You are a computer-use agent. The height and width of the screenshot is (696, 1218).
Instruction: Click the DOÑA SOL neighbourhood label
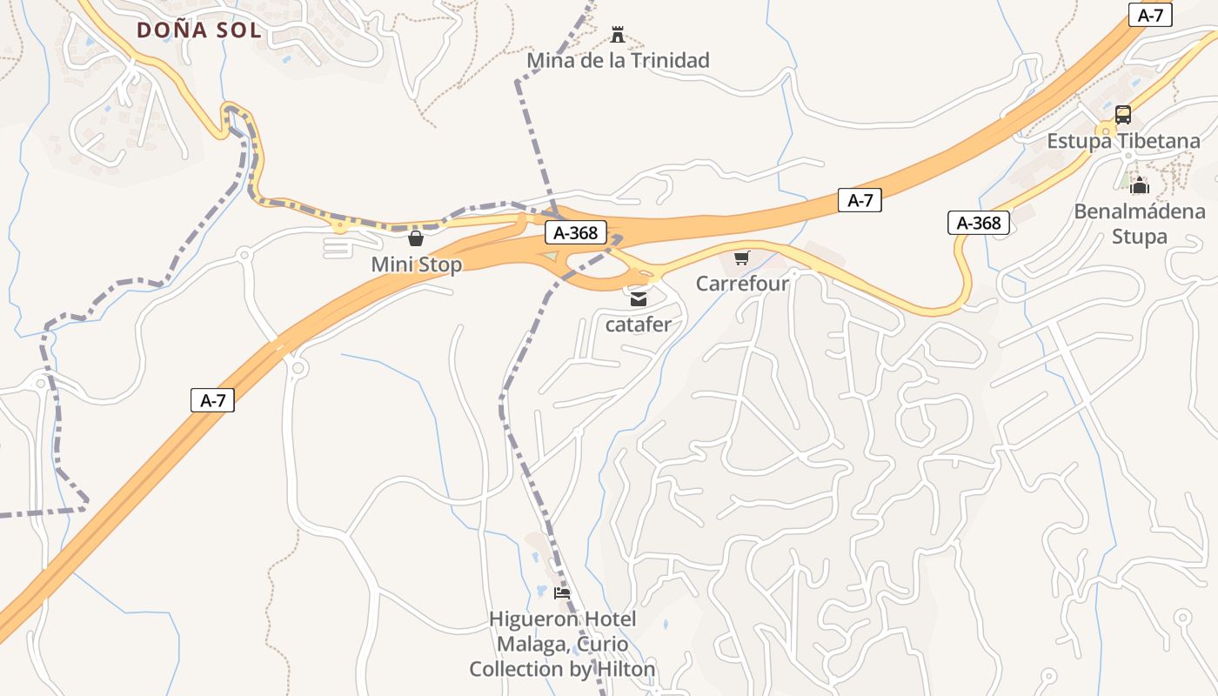point(198,30)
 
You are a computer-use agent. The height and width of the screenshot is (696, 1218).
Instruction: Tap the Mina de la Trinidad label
point(619,60)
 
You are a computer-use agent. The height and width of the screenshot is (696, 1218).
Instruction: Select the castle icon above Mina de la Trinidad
point(619,35)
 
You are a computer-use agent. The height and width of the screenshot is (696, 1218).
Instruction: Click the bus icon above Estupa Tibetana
point(1123,115)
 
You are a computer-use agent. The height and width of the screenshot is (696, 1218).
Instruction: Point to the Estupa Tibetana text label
point(1123,141)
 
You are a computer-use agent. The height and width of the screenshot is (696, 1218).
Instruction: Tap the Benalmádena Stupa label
point(1140,224)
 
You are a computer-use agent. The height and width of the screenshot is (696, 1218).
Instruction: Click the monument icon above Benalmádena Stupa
point(1140,184)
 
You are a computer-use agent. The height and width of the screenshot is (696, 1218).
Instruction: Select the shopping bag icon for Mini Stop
point(416,238)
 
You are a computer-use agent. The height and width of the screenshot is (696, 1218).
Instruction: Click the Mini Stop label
point(416,264)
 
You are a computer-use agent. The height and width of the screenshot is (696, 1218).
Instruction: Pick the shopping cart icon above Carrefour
point(741,258)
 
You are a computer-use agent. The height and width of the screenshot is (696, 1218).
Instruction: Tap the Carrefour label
point(742,284)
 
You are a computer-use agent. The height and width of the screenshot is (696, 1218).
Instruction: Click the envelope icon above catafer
point(639,299)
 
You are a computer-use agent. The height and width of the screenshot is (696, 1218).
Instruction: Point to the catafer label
point(639,325)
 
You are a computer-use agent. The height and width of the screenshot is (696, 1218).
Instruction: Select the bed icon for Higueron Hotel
point(562,593)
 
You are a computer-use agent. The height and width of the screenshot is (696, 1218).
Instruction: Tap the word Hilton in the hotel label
point(624,669)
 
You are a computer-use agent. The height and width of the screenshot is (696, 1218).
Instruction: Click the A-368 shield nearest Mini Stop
point(575,232)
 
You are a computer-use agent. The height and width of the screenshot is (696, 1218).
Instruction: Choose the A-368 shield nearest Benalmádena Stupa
point(979,223)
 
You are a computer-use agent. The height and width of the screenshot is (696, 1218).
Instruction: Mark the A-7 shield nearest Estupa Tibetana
point(1150,15)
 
